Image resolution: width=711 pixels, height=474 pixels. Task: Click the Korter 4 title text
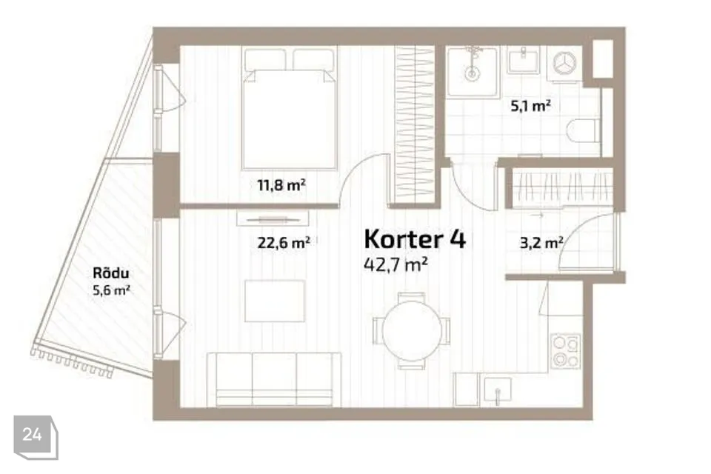[x=415, y=238]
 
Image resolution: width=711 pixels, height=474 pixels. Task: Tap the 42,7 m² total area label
[x=396, y=264]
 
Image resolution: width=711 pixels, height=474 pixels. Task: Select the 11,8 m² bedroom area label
[x=281, y=185]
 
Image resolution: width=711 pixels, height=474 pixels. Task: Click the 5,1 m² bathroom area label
[x=530, y=106]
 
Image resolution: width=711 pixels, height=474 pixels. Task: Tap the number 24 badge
[x=33, y=435]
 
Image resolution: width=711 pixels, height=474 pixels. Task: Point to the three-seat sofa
[x=274, y=378]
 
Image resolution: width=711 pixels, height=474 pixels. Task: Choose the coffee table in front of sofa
[x=275, y=301]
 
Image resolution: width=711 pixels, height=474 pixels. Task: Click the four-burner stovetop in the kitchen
[x=566, y=351]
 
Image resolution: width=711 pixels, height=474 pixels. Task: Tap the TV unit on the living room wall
[x=271, y=217]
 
